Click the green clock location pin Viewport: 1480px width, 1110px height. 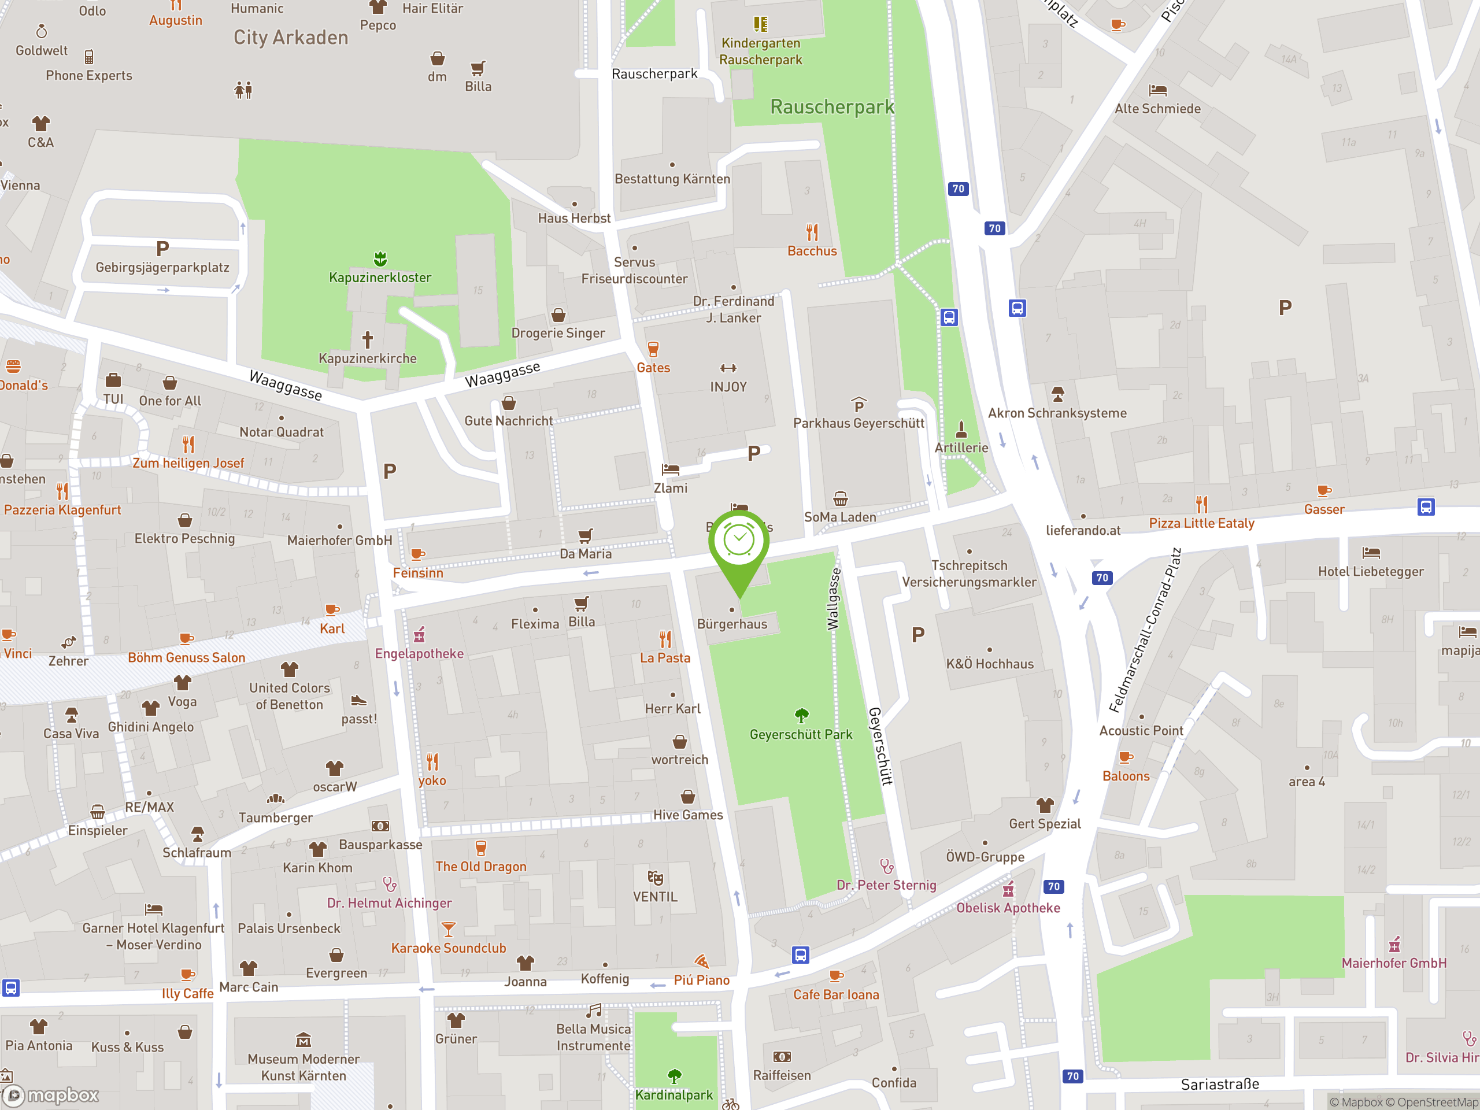(739, 542)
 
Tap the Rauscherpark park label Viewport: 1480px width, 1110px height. (832, 107)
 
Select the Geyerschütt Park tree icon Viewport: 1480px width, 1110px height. (801, 715)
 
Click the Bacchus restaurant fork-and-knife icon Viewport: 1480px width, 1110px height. (812, 232)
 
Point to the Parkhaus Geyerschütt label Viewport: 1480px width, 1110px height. (859, 423)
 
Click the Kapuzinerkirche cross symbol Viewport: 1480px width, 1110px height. (367, 339)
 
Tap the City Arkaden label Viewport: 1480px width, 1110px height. (290, 38)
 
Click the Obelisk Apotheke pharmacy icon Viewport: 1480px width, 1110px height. (1008, 889)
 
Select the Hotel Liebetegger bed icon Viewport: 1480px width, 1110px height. (1370, 553)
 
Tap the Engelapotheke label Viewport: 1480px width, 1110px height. (419, 654)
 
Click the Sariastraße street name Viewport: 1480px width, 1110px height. (1220, 1085)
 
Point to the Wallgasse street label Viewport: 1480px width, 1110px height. (833, 599)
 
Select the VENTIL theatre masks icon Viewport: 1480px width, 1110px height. (655, 878)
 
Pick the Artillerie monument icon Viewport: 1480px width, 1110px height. (961, 428)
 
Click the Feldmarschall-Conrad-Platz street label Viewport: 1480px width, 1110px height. (1145, 630)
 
